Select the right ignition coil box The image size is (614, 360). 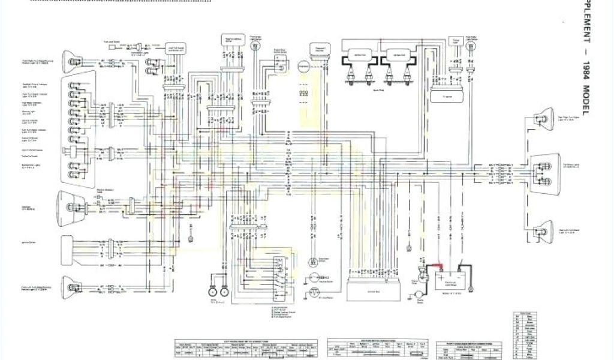point(398,55)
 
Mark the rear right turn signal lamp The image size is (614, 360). point(543,119)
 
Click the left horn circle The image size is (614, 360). point(212,292)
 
